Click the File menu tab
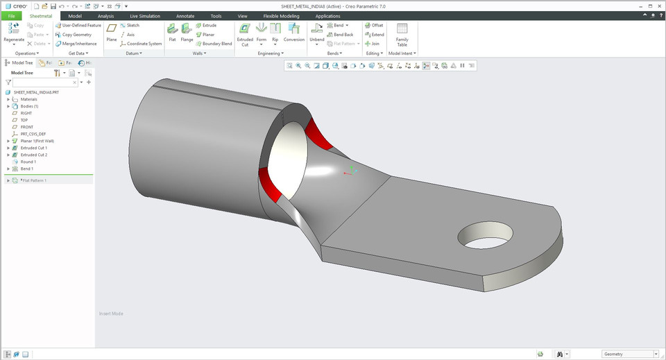click(11, 16)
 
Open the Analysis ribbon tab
click(105, 16)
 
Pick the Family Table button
click(402, 33)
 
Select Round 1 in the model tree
click(28, 162)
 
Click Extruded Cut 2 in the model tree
click(33, 155)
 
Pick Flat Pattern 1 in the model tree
click(34, 180)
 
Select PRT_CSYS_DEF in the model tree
click(33, 134)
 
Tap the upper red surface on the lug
click(316, 132)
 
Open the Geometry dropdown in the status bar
click(630, 354)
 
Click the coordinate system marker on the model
click(352, 170)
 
